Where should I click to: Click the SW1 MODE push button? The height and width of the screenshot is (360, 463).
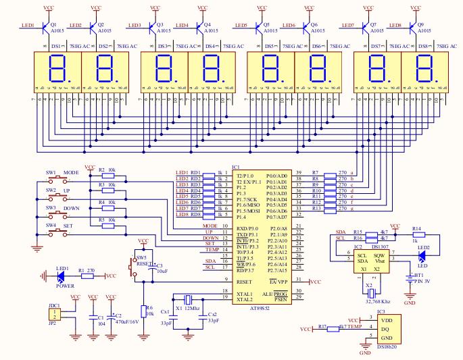59,178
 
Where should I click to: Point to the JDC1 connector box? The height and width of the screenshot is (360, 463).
55,313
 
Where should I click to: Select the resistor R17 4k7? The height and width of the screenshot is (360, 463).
330,328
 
